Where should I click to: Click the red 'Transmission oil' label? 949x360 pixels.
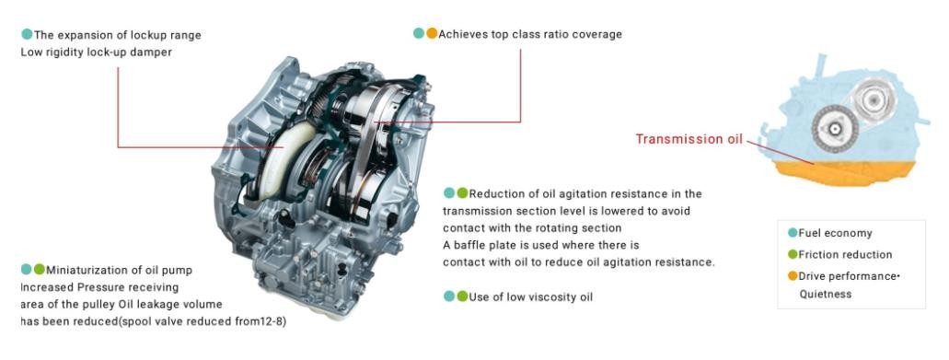coord(689,139)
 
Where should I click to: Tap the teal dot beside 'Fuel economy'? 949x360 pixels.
coord(793,233)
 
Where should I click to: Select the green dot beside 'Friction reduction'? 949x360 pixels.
coord(793,255)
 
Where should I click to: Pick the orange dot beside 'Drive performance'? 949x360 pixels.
coord(793,276)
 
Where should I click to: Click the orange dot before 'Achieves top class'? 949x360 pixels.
coord(432,34)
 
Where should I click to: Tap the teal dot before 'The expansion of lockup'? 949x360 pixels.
coord(27,34)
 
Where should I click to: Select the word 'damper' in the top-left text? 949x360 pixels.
coord(154,52)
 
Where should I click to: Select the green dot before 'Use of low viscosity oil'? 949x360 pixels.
coord(462,296)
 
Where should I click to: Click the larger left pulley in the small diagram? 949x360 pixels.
coord(835,128)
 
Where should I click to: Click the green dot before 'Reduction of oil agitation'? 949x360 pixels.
coord(462,193)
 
